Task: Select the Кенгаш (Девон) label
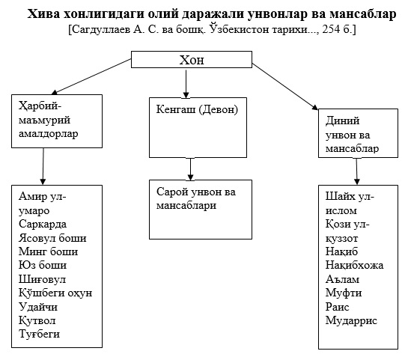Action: tap(197, 109)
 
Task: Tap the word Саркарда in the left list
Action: tap(43, 224)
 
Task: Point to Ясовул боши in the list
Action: tap(52, 238)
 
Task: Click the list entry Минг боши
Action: tap(48, 251)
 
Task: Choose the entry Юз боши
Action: tap(43, 265)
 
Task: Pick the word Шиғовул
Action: tap(42, 279)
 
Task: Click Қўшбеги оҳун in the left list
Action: tap(55, 293)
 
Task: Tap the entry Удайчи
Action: tap(38, 307)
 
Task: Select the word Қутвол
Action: tap(37, 320)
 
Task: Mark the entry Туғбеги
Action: tap(40, 334)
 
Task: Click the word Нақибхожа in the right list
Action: tap(354, 265)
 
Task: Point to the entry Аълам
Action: tap(342, 279)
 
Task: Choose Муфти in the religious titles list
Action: tap(344, 293)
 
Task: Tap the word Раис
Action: tap(338, 307)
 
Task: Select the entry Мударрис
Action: tap(351, 320)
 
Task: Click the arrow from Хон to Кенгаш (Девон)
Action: tap(186, 84)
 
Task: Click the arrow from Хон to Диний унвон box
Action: tap(285, 86)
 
